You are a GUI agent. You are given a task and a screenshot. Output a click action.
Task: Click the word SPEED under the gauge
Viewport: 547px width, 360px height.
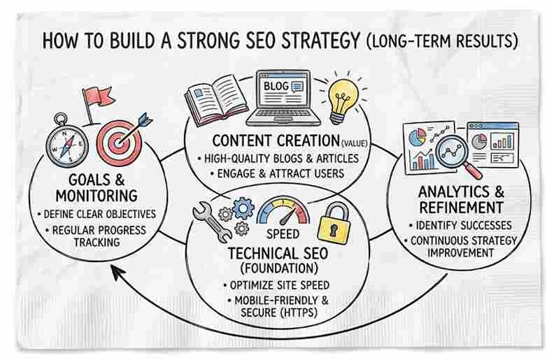coord(283,233)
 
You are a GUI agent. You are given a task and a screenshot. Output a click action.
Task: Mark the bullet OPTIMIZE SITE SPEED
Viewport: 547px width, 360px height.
coord(275,285)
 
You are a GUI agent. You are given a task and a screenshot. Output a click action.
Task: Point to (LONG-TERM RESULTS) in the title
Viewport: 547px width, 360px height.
coord(442,39)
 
